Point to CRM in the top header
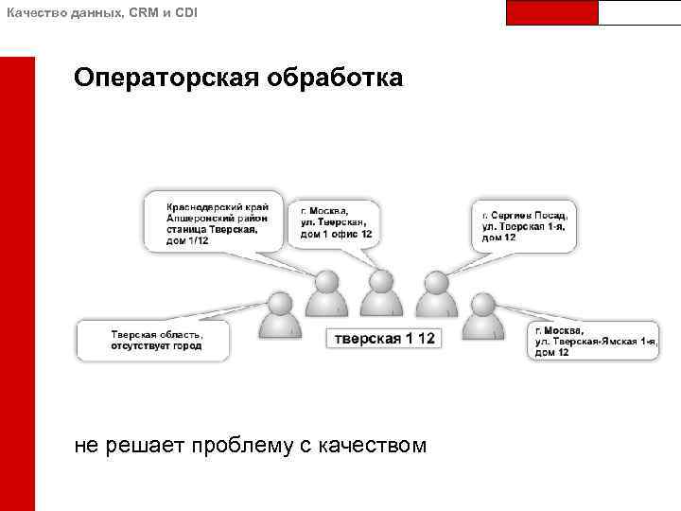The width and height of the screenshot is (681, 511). (x=139, y=10)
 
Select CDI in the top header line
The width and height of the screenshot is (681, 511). (x=185, y=10)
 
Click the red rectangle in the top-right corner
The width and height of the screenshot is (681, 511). (x=552, y=12)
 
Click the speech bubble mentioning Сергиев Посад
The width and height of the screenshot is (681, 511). (x=523, y=225)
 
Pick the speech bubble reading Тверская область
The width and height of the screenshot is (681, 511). (x=156, y=340)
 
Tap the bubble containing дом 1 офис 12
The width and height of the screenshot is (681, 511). (x=335, y=223)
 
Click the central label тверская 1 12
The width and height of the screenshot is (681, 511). (x=382, y=338)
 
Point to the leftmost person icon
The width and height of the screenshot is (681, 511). (x=280, y=316)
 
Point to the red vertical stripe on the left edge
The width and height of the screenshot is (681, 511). (x=17, y=284)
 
